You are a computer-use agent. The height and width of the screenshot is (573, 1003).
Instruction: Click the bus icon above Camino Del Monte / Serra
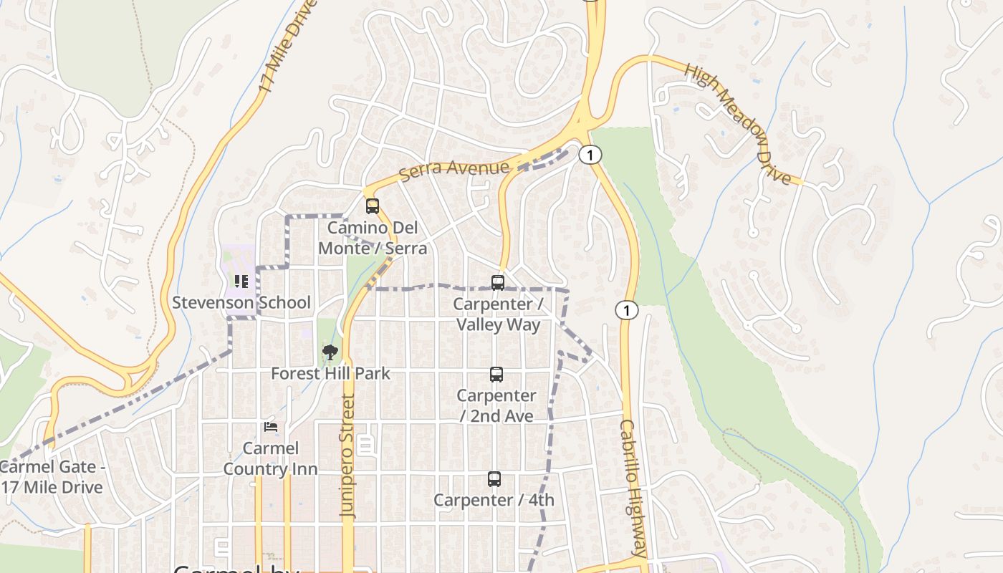click(372, 206)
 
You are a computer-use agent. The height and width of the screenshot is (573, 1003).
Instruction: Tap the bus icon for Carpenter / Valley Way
click(498, 283)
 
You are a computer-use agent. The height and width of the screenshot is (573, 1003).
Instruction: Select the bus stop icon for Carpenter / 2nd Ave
click(496, 374)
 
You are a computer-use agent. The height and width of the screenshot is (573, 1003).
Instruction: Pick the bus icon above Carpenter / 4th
click(494, 479)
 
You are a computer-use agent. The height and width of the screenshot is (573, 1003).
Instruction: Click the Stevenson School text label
click(241, 302)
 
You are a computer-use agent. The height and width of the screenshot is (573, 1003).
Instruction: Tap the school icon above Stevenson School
click(241, 281)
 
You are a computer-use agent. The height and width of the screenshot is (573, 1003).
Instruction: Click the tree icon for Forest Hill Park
click(330, 352)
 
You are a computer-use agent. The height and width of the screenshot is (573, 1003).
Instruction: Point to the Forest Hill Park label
click(330, 373)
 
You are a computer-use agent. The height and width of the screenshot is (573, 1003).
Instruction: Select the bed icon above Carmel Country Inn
click(271, 427)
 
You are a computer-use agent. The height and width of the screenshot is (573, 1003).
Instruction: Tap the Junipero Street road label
click(348, 456)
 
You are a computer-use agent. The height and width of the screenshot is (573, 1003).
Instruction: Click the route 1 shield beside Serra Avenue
click(590, 155)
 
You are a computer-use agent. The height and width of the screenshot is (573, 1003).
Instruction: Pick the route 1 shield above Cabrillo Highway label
click(627, 310)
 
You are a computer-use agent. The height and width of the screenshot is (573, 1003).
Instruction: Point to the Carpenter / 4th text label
click(494, 500)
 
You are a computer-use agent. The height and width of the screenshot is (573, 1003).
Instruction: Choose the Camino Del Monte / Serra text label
click(373, 239)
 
